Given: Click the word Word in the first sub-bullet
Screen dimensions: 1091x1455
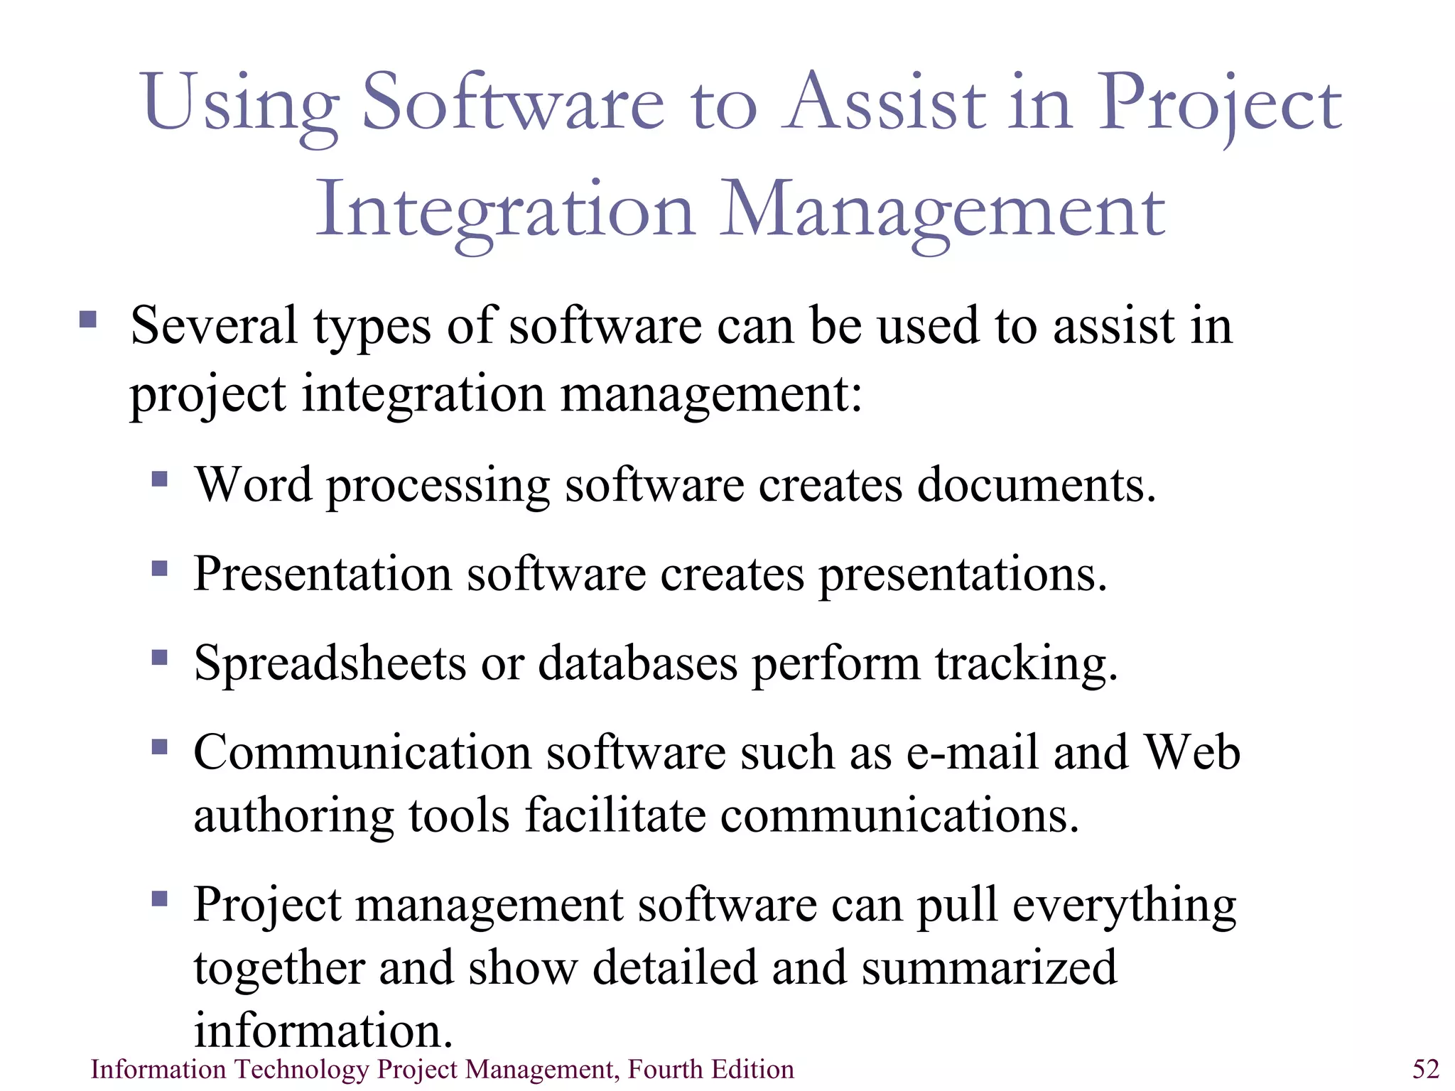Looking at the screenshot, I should click(x=253, y=484).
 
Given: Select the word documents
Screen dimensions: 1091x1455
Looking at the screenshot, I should click(x=1037, y=484).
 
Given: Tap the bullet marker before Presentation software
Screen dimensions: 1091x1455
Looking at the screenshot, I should click(x=160, y=568).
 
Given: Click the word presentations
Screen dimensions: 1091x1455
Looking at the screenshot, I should click(x=963, y=574).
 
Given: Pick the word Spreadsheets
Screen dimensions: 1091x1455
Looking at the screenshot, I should click(x=330, y=663).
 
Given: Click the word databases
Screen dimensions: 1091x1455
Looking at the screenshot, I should click(x=637, y=663).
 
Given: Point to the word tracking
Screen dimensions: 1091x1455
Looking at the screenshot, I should click(x=1026, y=663).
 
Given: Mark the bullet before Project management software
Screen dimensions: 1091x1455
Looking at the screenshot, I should click(x=160, y=899).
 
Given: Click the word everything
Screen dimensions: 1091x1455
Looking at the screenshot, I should click(x=1124, y=906).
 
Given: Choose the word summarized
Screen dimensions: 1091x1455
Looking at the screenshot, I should click(x=989, y=967).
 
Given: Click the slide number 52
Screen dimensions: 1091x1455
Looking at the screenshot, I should click(x=1425, y=1069).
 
